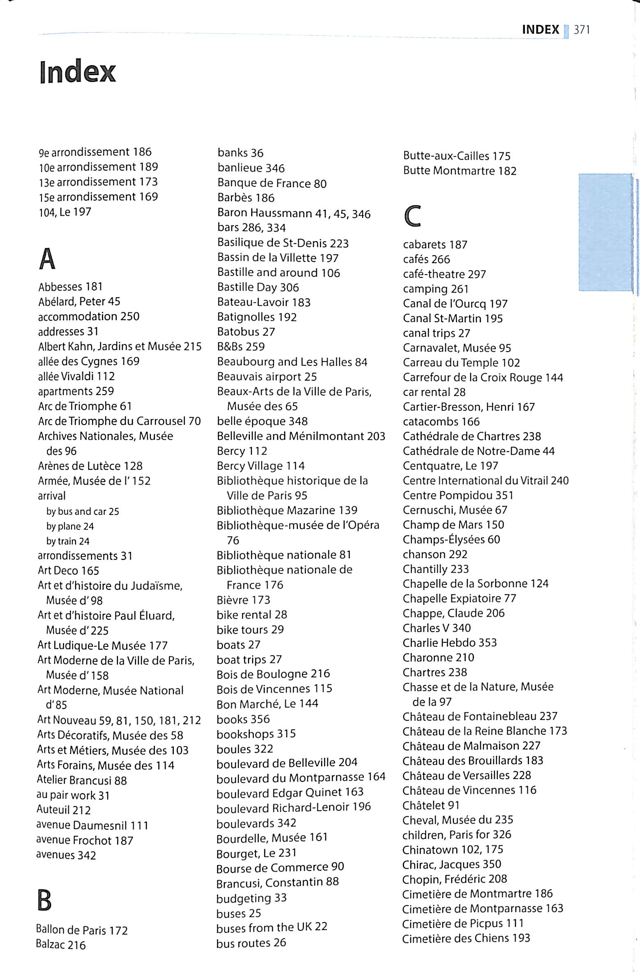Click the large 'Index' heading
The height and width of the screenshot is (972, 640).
click(x=78, y=72)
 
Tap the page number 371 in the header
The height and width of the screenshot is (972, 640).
click(x=582, y=30)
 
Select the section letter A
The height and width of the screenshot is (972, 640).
click(x=47, y=259)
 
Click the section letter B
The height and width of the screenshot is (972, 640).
click(x=44, y=900)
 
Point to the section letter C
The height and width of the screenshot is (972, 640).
click(x=412, y=216)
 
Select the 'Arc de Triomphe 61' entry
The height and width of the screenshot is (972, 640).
click(x=85, y=406)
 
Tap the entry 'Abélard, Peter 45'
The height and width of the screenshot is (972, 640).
click(x=79, y=302)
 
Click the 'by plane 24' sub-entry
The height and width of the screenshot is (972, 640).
click(x=70, y=526)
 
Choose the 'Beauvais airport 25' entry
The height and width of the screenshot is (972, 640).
click(x=267, y=377)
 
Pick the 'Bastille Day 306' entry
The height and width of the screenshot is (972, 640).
click(x=258, y=287)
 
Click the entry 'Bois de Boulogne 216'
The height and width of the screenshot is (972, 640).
click(x=273, y=674)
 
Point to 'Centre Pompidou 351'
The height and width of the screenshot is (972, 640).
click(x=458, y=495)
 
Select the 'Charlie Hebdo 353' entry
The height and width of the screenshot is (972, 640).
click(x=450, y=642)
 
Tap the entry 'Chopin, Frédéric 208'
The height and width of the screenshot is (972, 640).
click(x=454, y=879)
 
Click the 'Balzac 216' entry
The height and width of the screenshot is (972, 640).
click(x=61, y=944)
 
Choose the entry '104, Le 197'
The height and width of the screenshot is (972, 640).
click(x=65, y=212)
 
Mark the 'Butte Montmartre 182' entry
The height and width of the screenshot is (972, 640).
click(x=459, y=171)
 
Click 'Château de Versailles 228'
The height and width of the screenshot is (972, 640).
click(x=467, y=775)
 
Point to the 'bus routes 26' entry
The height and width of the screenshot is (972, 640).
click(x=251, y=942)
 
